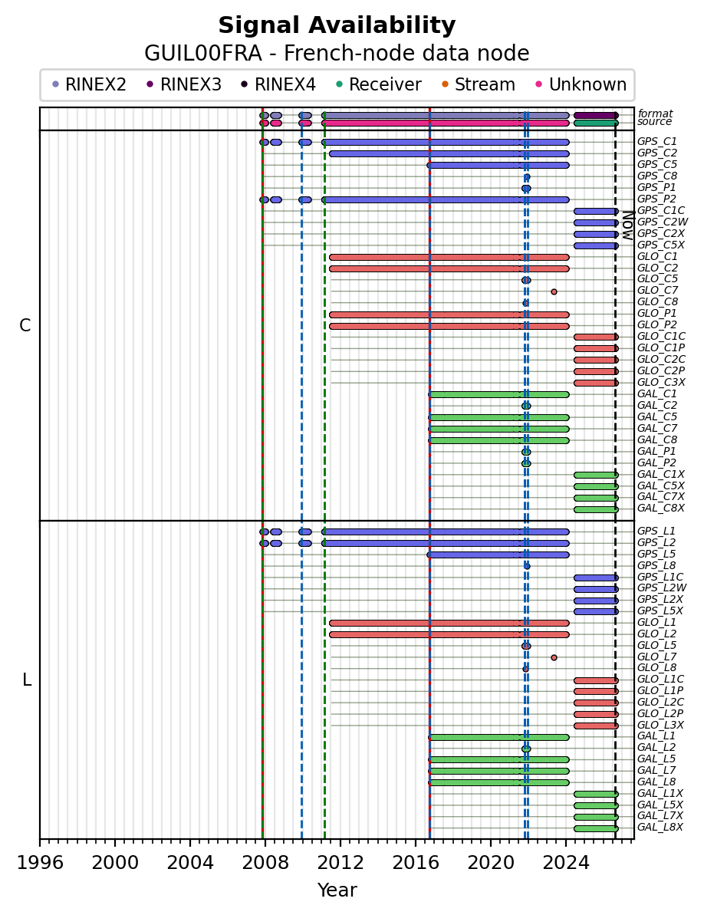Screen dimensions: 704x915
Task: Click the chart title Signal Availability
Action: pyautogui.click(x=337, y=25)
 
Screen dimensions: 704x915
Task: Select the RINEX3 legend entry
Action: pyautogui.click(x=184, y=84)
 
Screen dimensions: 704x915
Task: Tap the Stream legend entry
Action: pyautogui.click(x=479, y=84)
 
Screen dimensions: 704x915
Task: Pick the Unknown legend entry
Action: pyautogui.click(x=581, y=84)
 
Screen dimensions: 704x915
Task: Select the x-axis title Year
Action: pyautogui.click(x=337, y=890)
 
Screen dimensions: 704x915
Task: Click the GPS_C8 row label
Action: pyautogui.click(x=657, y=176)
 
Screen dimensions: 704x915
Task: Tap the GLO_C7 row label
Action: pyautogui.click(x=657, y=290)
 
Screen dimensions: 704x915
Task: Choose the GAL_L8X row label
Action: pyautogui.click(x=660, y=827)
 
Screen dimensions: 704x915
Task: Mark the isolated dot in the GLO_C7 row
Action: pyautogui.click(x=554, y=291)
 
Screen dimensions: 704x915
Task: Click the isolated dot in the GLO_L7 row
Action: pyautogui.click(x=554, y=657)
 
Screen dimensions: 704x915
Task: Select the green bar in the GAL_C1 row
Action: pyautogui.click(x=498, y=394)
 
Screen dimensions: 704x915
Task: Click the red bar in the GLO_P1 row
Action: pyautogui.click(x=449, y=314)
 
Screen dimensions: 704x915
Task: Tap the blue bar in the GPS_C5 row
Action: pyautogui.click(x=498, y=165)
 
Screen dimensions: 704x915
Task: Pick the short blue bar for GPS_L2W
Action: pyautogui.click(x=596, y=589)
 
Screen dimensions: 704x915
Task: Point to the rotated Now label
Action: pyautogui.click(x=627, y=225)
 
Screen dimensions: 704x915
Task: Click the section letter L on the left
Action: pyautogui.click(x=26, y=680)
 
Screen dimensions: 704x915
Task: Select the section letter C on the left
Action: pyautogui.click(x=25, y=326)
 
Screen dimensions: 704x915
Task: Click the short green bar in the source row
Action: pyautogui.click(x=596, y=123)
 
